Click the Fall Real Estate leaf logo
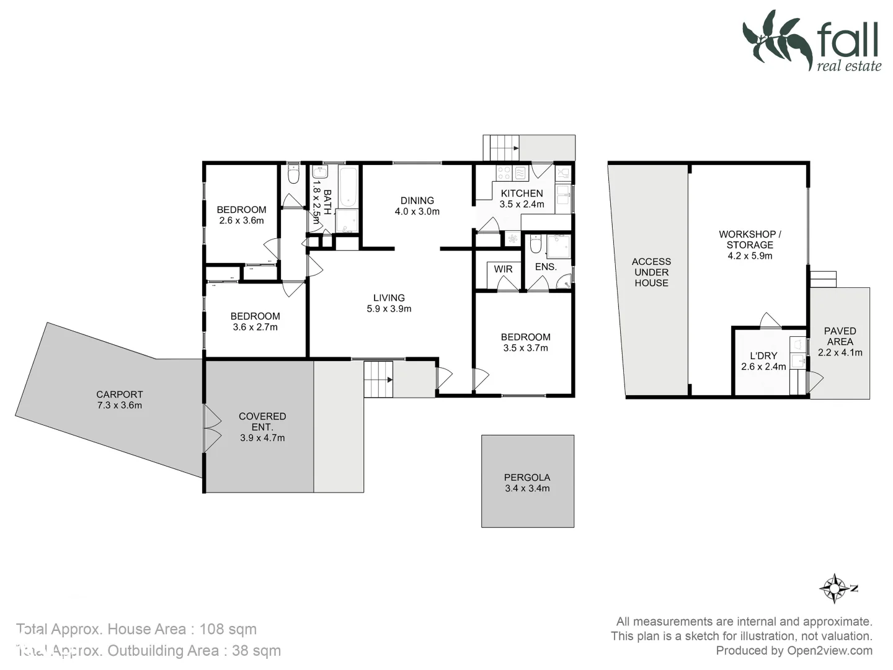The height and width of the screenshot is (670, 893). (x=778, y=38)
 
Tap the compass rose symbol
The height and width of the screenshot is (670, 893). (x=835, y=587)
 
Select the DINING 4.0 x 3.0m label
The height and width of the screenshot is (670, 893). (x=417, y=206)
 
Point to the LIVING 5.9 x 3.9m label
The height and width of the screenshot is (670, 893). (x=389, y=303)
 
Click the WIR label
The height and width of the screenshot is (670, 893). (x=503, y=269)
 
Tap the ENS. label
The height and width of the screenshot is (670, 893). (x=546, y=267)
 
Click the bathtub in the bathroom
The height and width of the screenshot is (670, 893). (x=349, y=185)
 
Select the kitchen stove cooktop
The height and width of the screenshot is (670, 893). (x=504, y=172)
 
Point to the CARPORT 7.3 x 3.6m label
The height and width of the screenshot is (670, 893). (x=119, y=400)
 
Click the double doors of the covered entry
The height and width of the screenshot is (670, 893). (x=212, y=428)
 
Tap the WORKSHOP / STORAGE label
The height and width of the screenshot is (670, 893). (x=750, y=244)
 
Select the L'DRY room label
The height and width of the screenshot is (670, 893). (x=763, y=361)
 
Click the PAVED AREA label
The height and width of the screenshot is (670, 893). (x=840, y=341)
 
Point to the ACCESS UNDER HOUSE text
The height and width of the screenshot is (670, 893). (x=651, y=272)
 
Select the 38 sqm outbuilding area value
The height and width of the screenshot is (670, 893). (x=256, y=651)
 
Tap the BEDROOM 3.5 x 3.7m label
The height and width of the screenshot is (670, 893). (x=525, y=342)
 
